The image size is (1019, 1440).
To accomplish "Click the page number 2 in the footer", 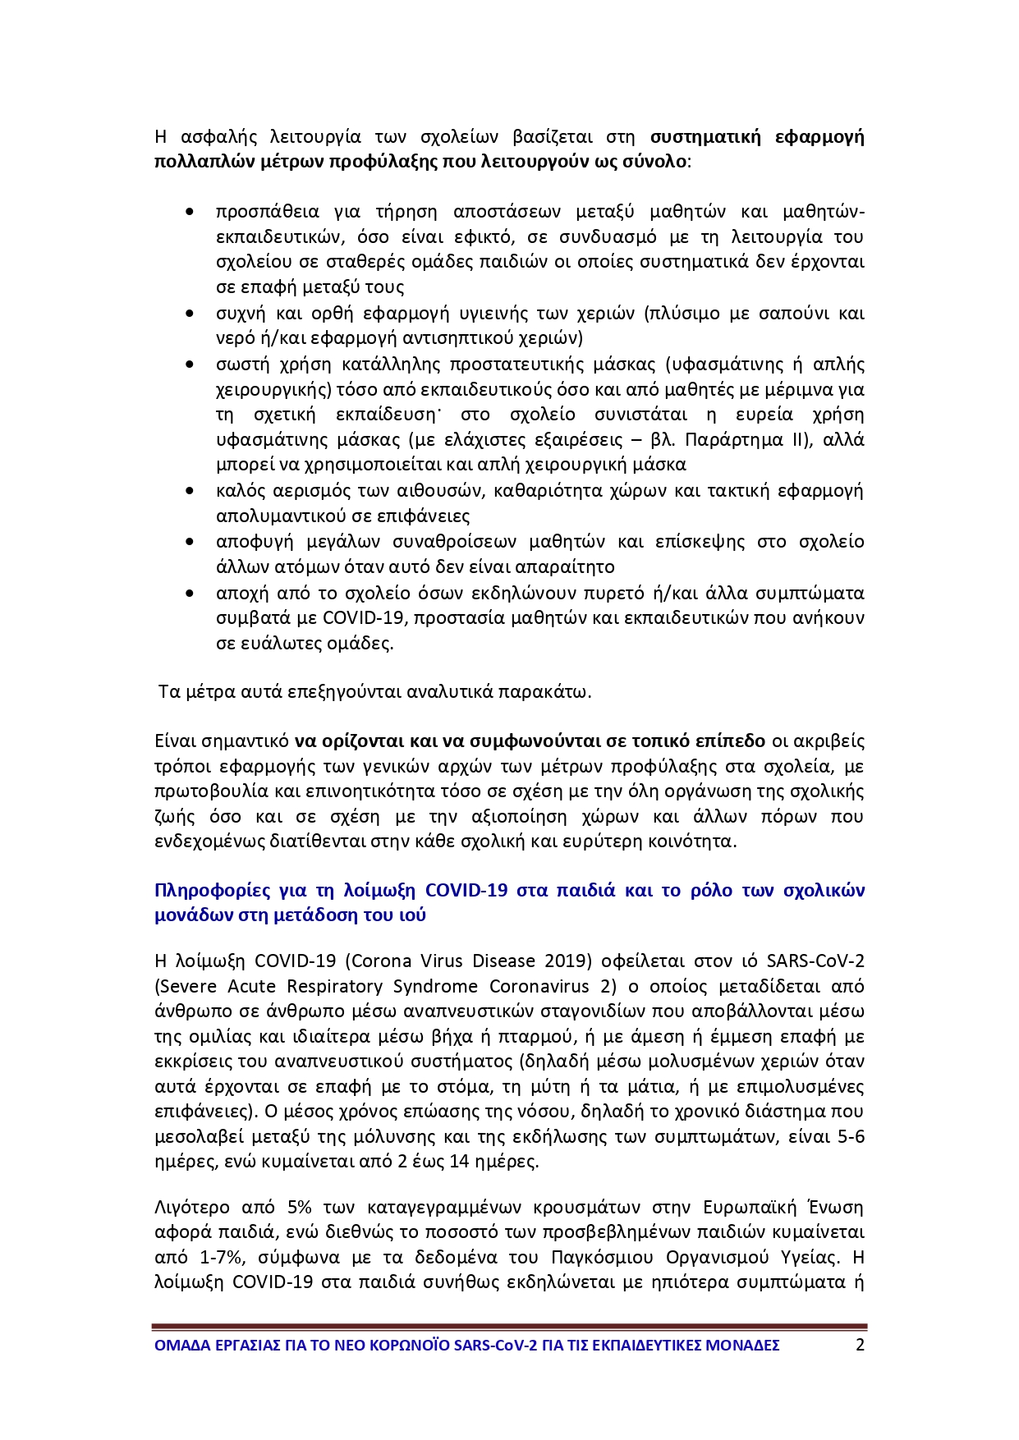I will (x=860, y=1346).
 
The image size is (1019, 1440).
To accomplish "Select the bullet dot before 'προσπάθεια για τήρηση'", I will (x=190, y=213).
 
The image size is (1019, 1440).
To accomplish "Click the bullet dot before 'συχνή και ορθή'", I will (x=190, y=314).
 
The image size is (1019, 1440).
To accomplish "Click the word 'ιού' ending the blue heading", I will (x=414, y=915).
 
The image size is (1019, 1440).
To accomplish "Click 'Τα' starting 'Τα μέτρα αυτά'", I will (x=169, y=691).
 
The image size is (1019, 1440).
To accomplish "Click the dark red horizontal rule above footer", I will (x=509, y=1327).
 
